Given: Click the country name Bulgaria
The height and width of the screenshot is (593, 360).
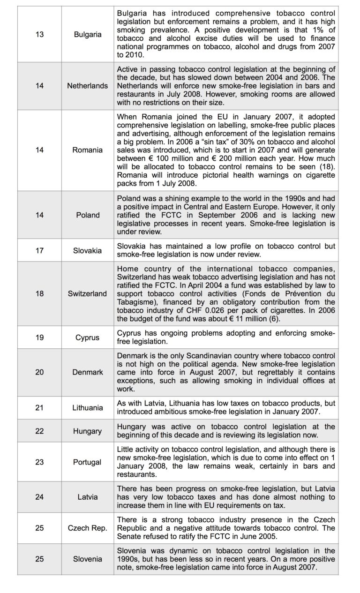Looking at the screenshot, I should coord(87,35).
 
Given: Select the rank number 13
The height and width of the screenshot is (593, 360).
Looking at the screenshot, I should coord(39,35).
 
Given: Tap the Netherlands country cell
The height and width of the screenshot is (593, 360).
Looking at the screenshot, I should coord(87,86).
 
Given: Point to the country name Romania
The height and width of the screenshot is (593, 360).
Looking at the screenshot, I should coord(87,150).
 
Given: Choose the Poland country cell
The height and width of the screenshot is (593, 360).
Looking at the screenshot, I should coord(87,215).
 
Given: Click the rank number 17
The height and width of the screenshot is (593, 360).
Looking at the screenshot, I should coord(39,250).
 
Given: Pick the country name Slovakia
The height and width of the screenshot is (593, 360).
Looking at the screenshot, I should coord(87,250).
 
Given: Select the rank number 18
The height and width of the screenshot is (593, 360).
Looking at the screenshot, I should coord(39,294).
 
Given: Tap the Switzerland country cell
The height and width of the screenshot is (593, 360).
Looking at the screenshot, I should coord(87,294).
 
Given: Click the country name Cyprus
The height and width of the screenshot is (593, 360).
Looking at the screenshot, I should coord(87,338).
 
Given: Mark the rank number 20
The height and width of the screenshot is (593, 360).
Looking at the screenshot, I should coord(39,372).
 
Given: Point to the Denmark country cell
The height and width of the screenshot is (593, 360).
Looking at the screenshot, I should coord(87,372).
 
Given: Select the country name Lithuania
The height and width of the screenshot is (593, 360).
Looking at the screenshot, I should coord(87,408).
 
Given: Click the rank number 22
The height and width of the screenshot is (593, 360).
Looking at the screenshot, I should coord(39,431).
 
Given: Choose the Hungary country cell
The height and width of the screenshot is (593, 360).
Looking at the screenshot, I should coord(87,431).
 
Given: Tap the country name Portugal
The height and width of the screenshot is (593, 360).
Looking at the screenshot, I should coord(87,462).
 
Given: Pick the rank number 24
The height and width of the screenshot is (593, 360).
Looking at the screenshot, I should coord(39,497).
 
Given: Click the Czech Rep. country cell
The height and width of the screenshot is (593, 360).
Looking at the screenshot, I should coord(87,528).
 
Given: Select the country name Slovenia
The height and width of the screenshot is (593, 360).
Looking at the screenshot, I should coord(87,559).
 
